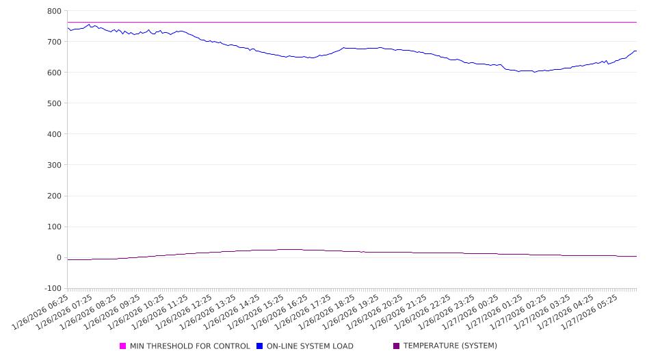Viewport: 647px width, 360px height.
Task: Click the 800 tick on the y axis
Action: click(54, 11)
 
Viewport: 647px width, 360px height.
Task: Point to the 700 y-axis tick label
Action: click(54, 42)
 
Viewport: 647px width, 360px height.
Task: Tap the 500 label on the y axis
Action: click(54, 103)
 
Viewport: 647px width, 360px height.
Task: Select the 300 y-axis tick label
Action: click(54, 165)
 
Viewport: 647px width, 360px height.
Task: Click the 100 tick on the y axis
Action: click(54, 227)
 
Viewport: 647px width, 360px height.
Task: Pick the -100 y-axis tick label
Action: click(52, 289)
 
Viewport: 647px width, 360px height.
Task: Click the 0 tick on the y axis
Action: click(58, 258)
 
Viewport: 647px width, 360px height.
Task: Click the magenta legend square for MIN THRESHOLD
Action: click(123, 346)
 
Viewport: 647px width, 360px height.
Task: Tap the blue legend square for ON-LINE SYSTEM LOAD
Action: click(259, 346)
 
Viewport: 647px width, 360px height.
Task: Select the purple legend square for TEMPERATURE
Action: click(396, 346)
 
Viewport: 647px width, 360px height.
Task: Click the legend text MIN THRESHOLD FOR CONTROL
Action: click(189, 346)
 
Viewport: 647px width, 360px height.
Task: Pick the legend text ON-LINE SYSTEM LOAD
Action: click(310, 346)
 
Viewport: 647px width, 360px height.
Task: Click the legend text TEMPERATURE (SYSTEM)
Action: click(450, 346)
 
